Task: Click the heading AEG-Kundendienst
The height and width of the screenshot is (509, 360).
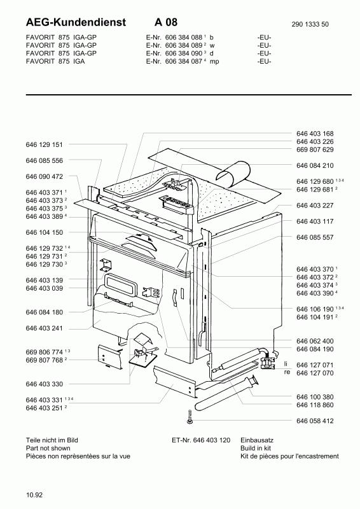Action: pyautogui.click(x=76, y=22)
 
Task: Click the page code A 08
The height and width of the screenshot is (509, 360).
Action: pyautogui.click(x=166, y=22)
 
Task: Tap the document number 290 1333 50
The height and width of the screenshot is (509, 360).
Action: pyautogui.click(x=310, y=24)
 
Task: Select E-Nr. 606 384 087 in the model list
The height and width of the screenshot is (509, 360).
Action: pyautogui.click(x=174, y=61)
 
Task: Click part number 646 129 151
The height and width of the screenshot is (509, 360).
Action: pyautogui.click(x=44, y=144)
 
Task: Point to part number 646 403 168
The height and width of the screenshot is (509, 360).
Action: pyautogui.click(x=315, y=134)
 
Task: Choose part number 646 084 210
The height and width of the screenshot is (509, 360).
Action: pyautogui.click(x=315, y=165)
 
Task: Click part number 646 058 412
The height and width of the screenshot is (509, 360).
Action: pyautogui.click(x=315, y=421)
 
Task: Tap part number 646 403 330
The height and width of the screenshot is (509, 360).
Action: pyautogui.click(x=44, y=384)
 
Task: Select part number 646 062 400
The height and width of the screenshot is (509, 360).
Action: pyautogui.click(x=315, y=341)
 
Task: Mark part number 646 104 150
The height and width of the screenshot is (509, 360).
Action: pyautogui.click(x=44, y=232)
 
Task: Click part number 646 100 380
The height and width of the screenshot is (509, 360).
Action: pyautogui.click(x=315, y=397)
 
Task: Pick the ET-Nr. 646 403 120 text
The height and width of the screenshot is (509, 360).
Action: pyautogui.click(x=201, y=440)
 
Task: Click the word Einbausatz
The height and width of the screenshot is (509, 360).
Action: pyautogui.click(x=257, y=440)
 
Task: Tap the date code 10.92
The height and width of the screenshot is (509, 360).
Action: pyautogui.click(x=34, y=495)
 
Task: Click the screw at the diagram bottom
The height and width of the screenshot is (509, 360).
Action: pyautogui.click(x=190, y=416)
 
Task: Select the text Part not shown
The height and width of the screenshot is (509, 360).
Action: pyautogui.click(x=48, y=449)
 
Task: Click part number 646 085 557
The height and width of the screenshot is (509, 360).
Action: pyautogui.click(x=315, y=237)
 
